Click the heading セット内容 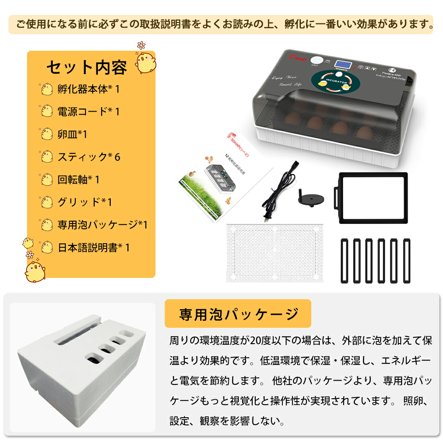coord(87,67)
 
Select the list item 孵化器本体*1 coord(88,89)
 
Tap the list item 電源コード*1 coord(88,112)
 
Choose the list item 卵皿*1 coord(72,134)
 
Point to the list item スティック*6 coord(89,157)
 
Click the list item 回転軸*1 coord(78,180)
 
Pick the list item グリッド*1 coord(85,202)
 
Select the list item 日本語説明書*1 coord(93,248)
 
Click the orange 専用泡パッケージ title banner coord(238,314)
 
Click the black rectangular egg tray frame coord(372,197)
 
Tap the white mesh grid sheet coord(275,253)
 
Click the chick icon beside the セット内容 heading coord(146,62)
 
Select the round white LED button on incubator coord(315,60)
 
